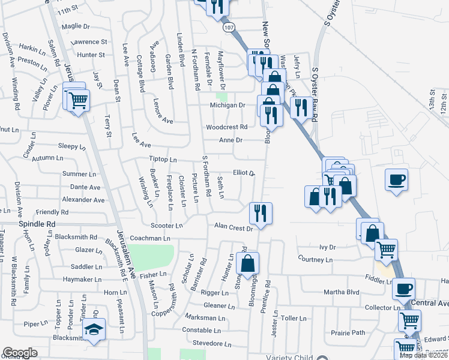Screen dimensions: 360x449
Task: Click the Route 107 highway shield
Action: tap(228, 28)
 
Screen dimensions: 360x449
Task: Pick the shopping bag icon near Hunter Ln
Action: tap(247, 263)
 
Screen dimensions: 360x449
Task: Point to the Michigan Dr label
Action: tap(228, 105)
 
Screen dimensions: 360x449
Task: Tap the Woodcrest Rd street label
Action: tap(226, 127)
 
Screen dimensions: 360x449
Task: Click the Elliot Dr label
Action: tap(244, 172)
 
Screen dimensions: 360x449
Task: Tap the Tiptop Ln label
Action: tap(163, 160)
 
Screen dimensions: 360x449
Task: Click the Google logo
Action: tap(20, 353)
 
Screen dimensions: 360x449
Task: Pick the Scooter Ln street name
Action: tap(166, 226)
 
